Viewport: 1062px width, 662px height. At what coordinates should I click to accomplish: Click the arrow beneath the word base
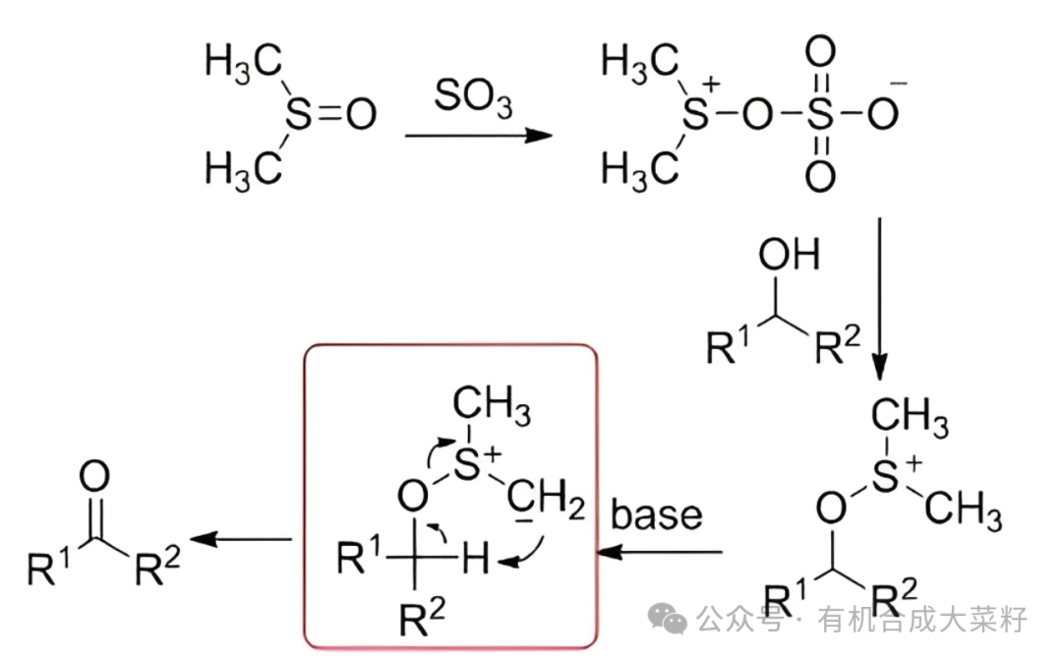(x=663, y=553)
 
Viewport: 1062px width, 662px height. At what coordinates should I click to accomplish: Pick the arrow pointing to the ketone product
(x=240, y=538)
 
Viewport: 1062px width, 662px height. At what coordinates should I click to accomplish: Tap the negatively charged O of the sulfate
(x=882, y=115)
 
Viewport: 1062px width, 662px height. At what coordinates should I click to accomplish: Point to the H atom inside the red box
(x=475, y=561)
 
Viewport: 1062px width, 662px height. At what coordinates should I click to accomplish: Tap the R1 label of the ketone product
(x=46, y=568)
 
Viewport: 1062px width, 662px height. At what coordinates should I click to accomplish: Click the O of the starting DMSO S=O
(x=361, y=115)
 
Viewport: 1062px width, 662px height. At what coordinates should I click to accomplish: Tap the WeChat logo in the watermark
(x=673, y=619)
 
